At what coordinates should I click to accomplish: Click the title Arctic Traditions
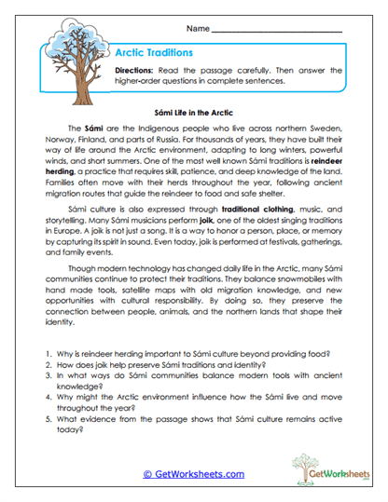click(152, 53)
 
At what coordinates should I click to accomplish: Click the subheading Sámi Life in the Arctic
click(194, 110)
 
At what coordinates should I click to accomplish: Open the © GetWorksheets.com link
click(193, 473)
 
